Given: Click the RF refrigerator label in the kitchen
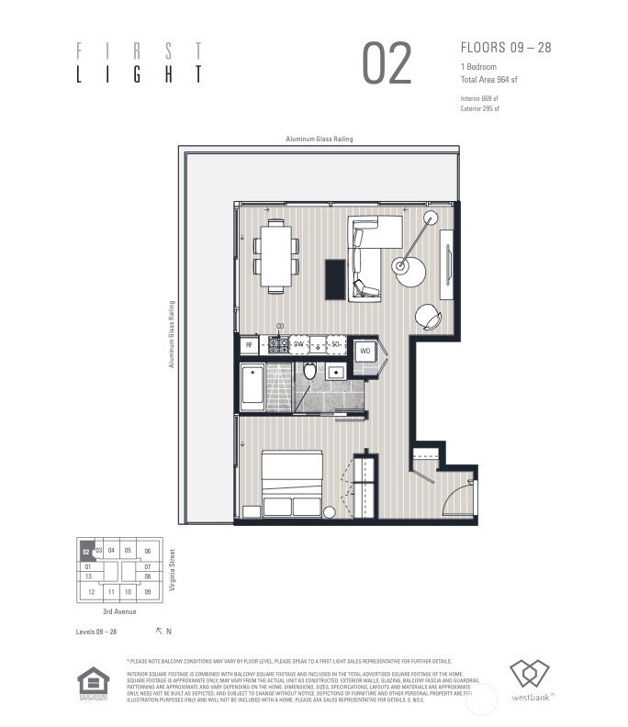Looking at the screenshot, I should [248, 347].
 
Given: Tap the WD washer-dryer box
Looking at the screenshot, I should [364, 352].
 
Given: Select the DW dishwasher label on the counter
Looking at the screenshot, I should [298, 346].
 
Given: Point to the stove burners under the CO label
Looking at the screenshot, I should [278, 346].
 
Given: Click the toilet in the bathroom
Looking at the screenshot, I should [310, 371].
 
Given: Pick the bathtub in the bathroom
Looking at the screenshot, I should [252, 388].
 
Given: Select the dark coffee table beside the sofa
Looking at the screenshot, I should [336, 279].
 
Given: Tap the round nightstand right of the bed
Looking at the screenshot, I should [329, 511].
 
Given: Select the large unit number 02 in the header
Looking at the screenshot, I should [387, 64].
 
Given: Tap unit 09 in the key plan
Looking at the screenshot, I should [148, 592].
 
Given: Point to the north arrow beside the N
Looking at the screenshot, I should [159, 631].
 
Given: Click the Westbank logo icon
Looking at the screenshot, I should [529, 675].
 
